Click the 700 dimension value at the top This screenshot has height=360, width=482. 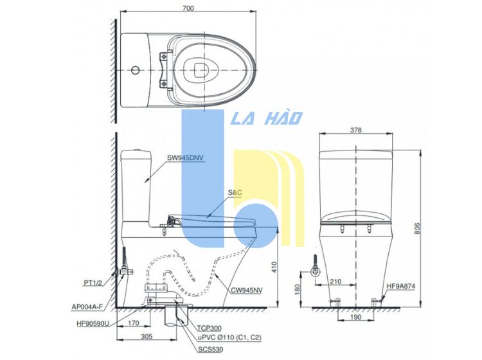point(188,8)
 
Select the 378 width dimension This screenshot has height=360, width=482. point(355,130)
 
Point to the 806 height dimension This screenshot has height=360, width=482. point(417,228)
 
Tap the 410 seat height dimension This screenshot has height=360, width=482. point(274,267)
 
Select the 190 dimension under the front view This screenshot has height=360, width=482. point(355,317)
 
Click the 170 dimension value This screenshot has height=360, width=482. point(134,323)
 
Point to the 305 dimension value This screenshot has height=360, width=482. point(147,336)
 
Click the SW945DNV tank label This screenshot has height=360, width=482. point(185,158)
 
